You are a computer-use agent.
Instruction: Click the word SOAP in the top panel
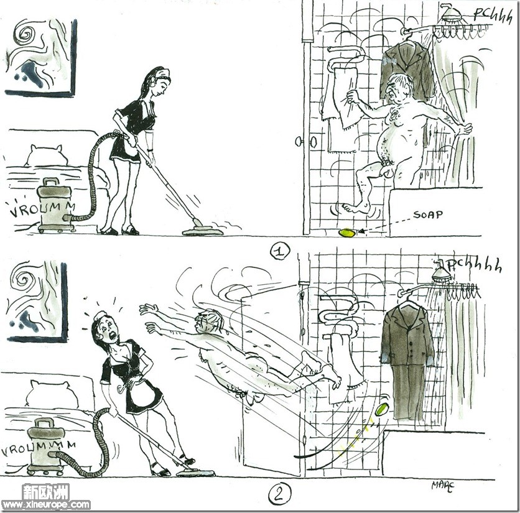[428, 215]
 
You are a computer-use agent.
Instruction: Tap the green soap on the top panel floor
[347, 233]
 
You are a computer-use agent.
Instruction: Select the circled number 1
[279, 251]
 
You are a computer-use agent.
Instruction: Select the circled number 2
[279, 494]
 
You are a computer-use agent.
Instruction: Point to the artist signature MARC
[442, 486]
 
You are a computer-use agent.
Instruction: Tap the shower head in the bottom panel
[442, 272]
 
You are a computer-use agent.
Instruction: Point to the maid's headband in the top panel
[162, 77]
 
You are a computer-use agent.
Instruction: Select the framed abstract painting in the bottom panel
[36, 300]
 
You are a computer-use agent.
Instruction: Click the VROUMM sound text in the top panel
[42, 209]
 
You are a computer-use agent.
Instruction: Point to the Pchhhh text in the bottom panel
[475, 266]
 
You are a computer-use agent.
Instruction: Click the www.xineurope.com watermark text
[46, 505]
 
